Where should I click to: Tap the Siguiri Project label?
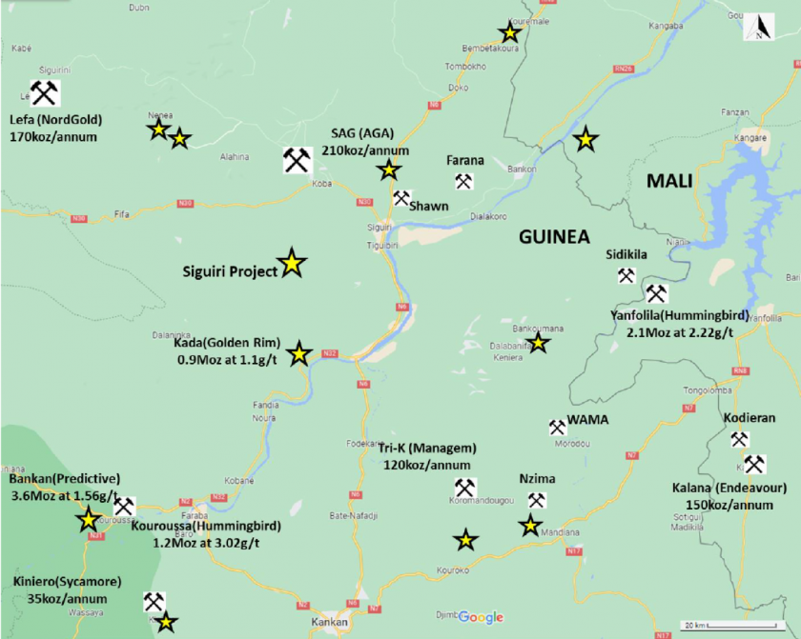coord(230,270)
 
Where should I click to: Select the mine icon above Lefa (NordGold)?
coord(44,92)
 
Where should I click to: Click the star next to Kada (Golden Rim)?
coord(299,354)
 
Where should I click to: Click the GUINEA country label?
coord(554,237)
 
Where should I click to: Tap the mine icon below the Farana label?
coord(464,181)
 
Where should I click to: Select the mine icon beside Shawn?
coord(401,198)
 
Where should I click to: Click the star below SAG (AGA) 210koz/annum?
coord(388,170)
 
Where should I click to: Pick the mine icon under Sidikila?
coord(626,276)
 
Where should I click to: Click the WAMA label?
coord(587,420)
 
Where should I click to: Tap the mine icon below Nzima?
coord(537,500)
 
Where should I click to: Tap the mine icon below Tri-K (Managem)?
coord(464,487)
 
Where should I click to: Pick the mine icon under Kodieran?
coord(738,439)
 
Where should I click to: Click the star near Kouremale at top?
coord(510,33)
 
